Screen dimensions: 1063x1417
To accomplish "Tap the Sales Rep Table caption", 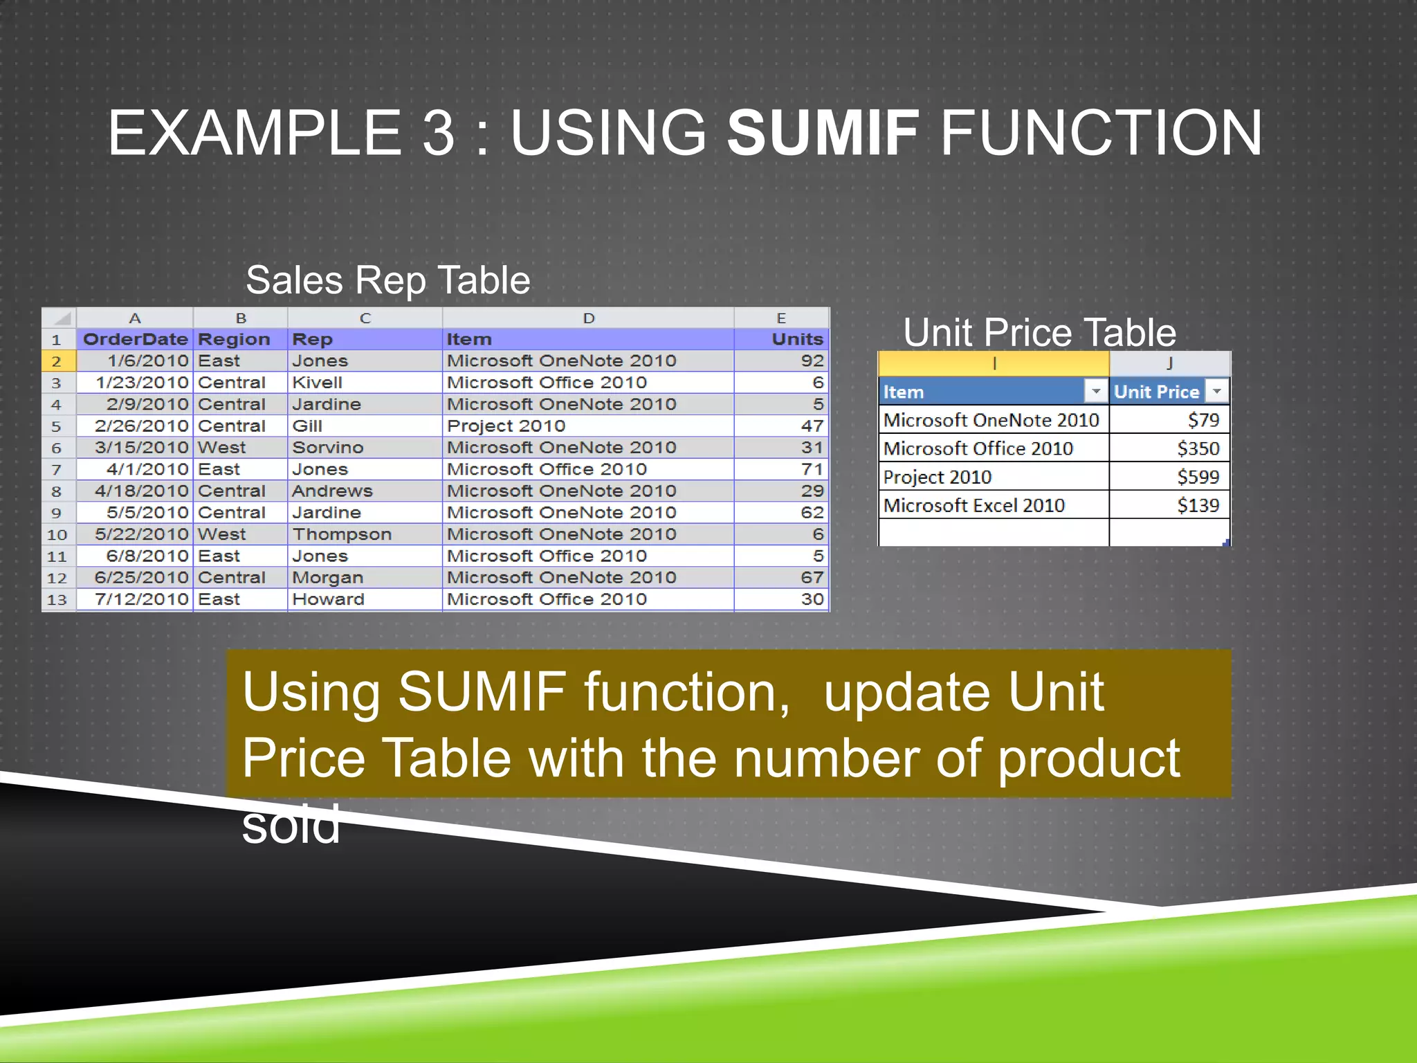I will tap(387, 280).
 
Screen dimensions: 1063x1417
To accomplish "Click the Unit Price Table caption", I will tap(1039, 332).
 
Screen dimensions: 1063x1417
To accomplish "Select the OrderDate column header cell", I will tap(135, 339).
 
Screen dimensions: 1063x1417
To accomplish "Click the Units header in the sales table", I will tap(796, 339).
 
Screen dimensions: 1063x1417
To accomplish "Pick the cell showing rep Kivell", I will tap(318, 383).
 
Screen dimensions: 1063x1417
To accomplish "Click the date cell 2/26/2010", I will tap(141, 426).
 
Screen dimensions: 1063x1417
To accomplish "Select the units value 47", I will tap(812, 426).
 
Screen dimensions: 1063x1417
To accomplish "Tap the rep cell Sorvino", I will tap(327, 448).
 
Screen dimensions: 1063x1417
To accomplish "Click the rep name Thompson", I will tap(342, 534).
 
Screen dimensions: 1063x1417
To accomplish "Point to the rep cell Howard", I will tap(328, 599).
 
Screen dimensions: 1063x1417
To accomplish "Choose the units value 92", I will tap(812, 361).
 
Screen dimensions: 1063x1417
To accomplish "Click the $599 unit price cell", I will tap(1198, 477).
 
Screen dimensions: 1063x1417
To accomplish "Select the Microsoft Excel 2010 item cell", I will tap(974, 506).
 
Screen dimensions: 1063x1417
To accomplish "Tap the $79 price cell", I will tap(1203, 420).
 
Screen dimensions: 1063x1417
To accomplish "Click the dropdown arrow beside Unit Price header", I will tap(1216, 391).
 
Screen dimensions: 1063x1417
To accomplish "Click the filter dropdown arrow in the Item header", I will tap(1095, 391).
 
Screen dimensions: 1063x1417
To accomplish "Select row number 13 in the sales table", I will tap(57, 600).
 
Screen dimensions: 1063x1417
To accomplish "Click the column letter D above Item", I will tap(588, 318).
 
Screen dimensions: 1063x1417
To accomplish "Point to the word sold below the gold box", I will tap(291, 826).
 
